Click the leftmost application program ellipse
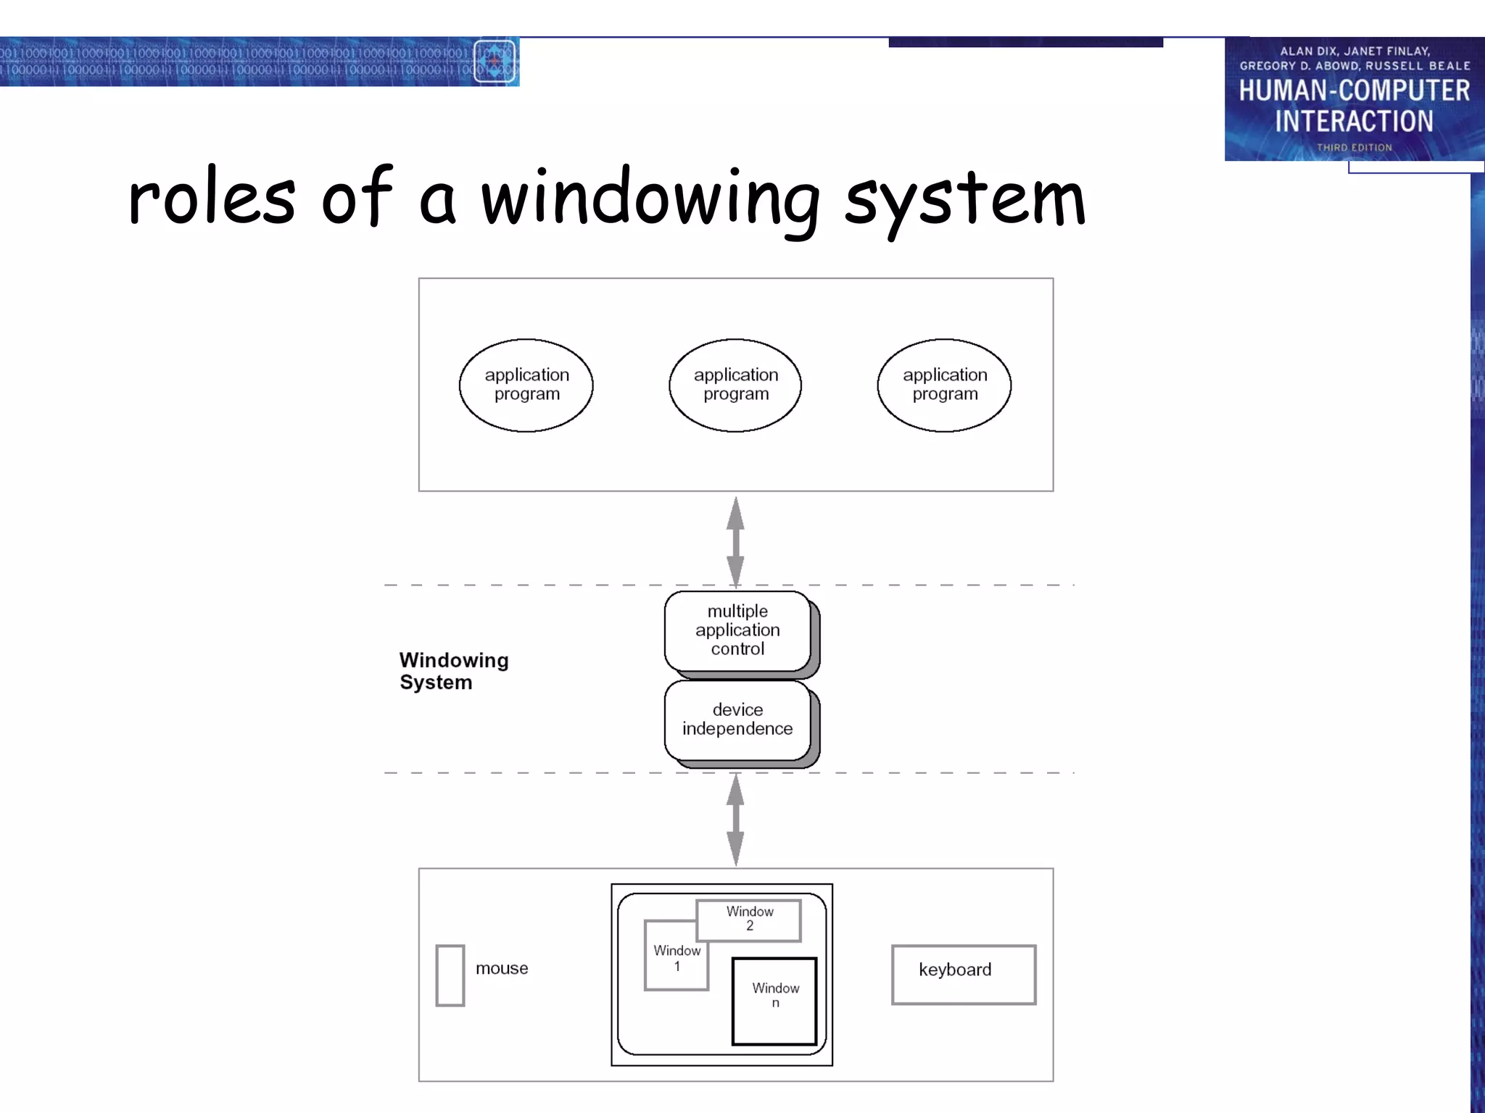526,385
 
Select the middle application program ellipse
735,385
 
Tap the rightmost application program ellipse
944,385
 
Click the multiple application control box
737,630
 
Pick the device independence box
737,720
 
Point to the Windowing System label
454,671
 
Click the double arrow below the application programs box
735,541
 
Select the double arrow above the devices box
735,820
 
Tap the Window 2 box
749,919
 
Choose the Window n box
774,1000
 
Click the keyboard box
963,974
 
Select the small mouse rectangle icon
450,975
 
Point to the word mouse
502,968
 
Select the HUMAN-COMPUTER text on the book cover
1353,91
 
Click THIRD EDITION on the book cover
1354,147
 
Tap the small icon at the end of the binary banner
495,62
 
